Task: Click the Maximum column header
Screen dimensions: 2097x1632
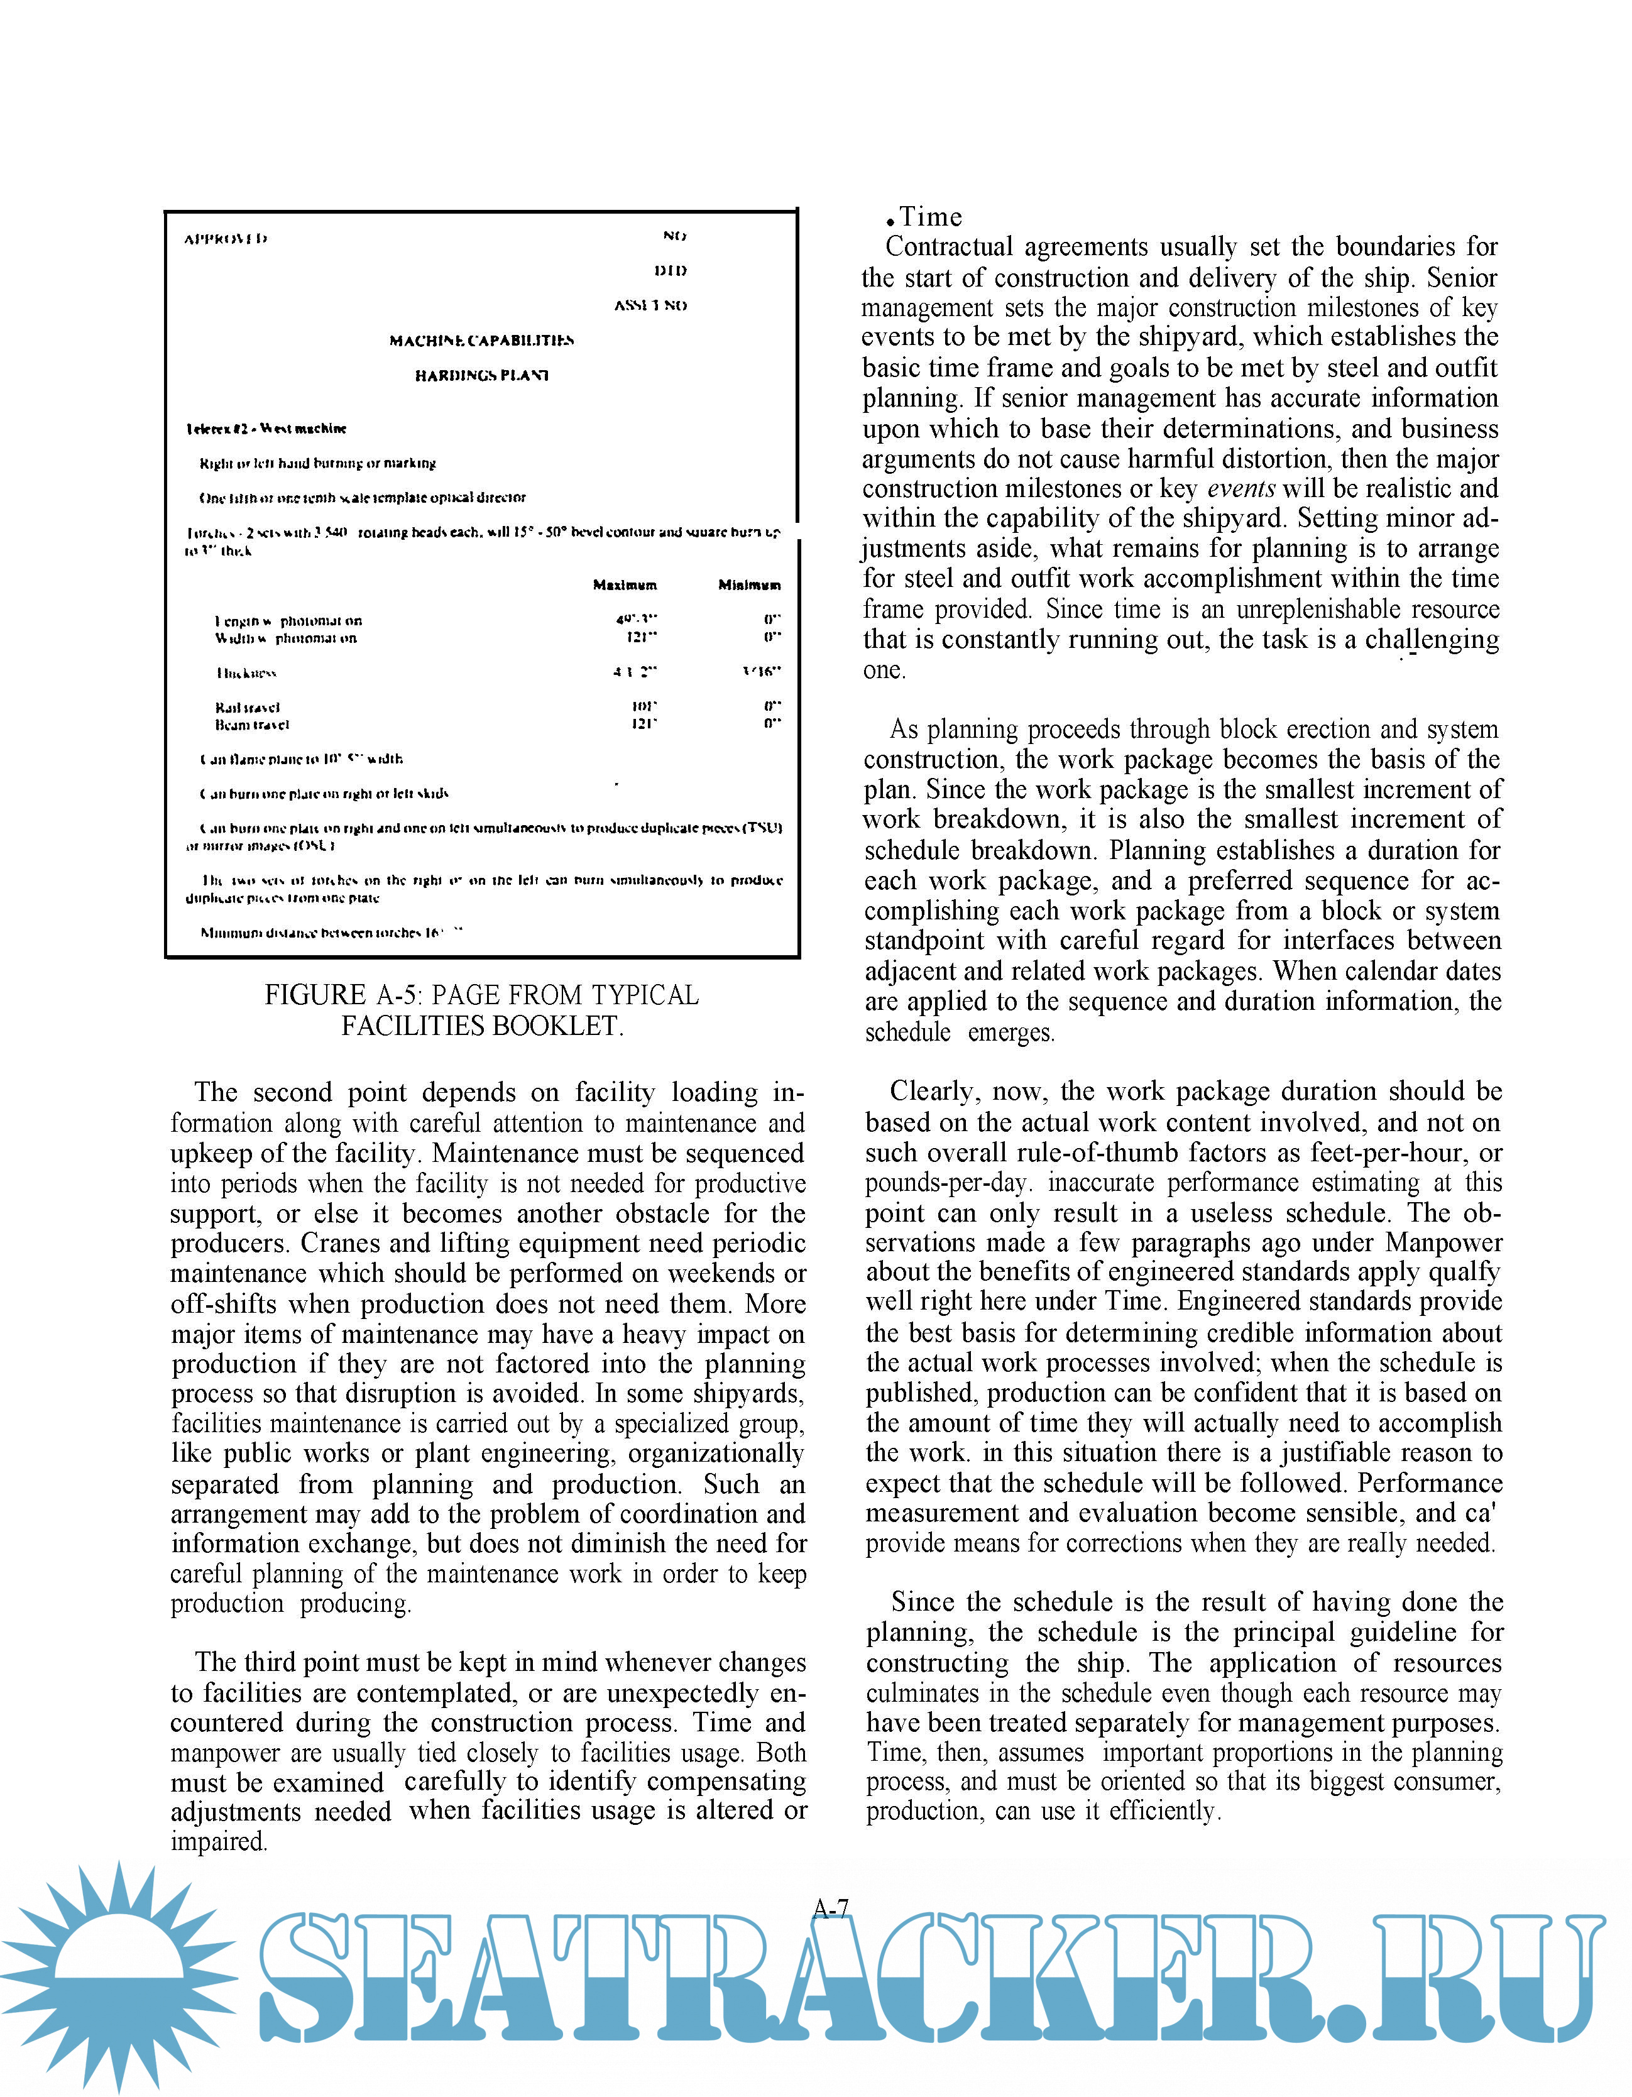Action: click(x=625, y=585)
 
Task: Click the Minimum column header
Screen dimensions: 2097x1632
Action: click(x=749, y=585)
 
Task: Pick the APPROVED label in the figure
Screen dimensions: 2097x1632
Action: click(x=226, y=238)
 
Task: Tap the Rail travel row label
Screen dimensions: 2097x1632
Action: click(x=248, y=707)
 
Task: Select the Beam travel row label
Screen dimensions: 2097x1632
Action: click(x=251, y=725)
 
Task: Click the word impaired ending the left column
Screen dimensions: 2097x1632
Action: click(x=218, y=1841)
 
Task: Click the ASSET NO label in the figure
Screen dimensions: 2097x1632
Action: click(x=650, y=305)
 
